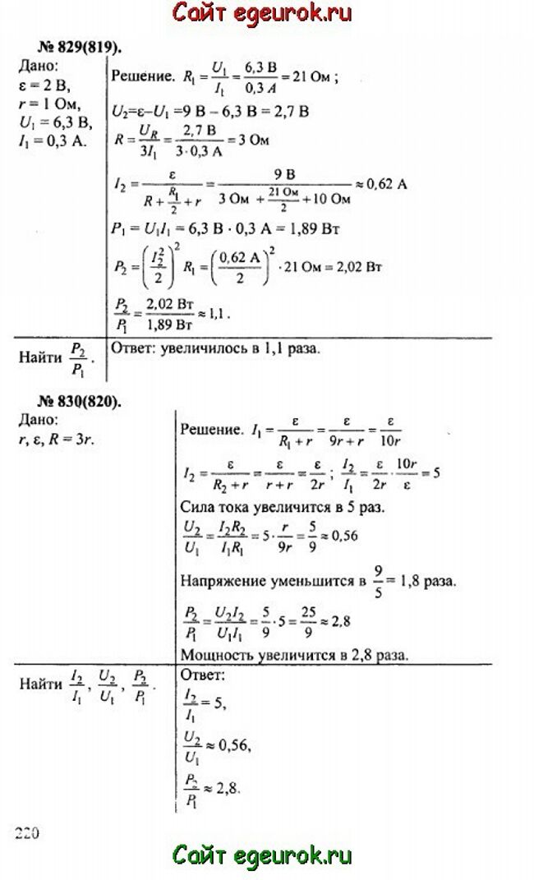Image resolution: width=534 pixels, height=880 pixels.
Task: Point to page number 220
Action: pos(26,832)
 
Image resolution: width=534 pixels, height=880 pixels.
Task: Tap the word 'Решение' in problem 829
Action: pos(140,79)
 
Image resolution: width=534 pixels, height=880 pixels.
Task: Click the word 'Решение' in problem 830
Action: pos(209,430)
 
